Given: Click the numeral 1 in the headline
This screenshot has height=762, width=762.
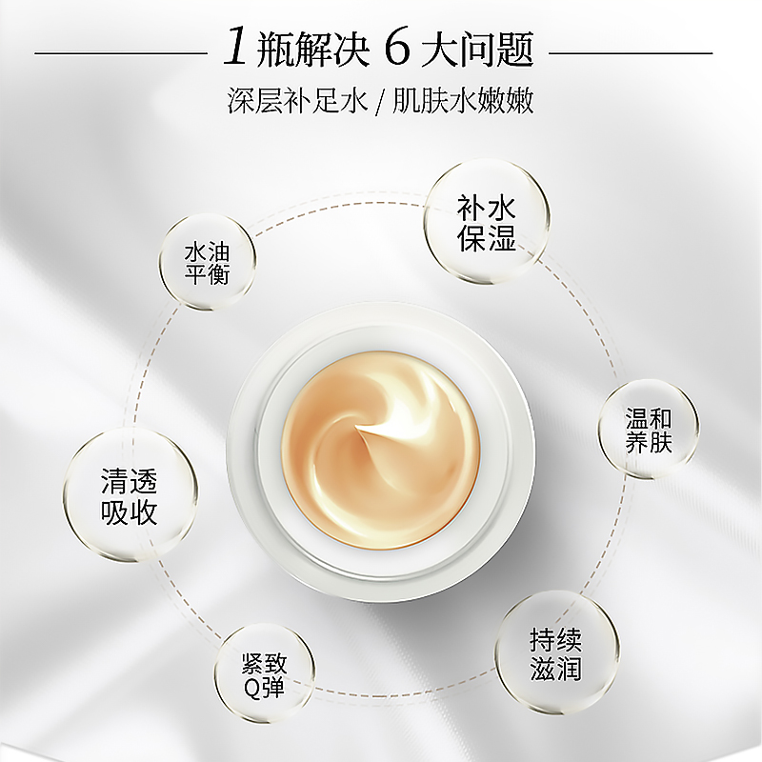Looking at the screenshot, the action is [x=234, y=49].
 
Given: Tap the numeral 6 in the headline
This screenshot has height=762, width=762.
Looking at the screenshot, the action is [x=396, y=49].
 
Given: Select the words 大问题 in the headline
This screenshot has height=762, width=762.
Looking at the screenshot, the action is [x=478, y=50].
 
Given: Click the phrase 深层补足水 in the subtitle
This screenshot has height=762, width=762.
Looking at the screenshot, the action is [x=297, y=101].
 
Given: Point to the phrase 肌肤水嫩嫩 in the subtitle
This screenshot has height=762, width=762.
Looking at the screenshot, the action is [x=463, y=101].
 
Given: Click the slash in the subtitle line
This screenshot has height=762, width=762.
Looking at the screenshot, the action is [x=379, y=102].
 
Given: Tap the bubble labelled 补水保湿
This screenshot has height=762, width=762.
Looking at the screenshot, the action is [x=487, y=223].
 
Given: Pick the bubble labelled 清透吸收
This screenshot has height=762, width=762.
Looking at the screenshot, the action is [x=130, y=495].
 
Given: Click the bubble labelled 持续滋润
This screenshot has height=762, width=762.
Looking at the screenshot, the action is [x=557, y=652].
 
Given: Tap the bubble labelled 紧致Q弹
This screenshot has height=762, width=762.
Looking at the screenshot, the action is [x=265, y=674].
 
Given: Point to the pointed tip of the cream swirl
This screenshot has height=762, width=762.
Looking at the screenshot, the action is [x=356, y=428].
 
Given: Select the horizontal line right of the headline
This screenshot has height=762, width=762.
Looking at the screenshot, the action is [x=631, y=52].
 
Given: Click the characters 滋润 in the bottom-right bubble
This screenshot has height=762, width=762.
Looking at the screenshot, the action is [x=556, y=669].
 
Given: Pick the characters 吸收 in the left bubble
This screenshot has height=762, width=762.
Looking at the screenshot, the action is [x=130, y=511].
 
